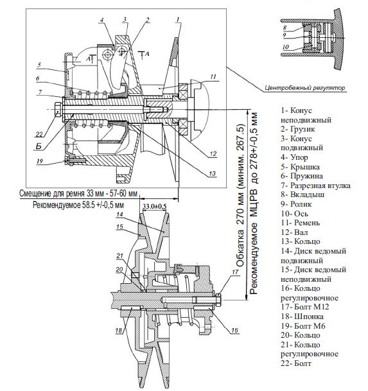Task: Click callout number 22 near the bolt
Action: coord(39,134)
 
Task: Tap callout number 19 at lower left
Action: coord(40,161)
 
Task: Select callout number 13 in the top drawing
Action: coord(212,173)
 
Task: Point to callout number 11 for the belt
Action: coord(213,77)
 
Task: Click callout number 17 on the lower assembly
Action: coord(235,272)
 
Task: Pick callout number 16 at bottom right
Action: coord(235,331)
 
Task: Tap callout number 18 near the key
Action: coord(119,331)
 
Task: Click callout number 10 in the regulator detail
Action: coord(286,47)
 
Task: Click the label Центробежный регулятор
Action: coord(305,88)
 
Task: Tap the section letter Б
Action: coord(39,146)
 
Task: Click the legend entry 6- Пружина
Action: coord(302,176)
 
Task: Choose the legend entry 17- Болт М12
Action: coord(305,307)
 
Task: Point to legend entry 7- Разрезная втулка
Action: coord(315,186)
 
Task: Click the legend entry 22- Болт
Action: coord(296,363)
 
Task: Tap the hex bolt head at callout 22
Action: coord(57,110)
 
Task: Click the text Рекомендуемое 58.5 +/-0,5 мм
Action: coord(78,205)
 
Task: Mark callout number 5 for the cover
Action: coord(39,65)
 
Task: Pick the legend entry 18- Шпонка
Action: coord(302,317)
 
